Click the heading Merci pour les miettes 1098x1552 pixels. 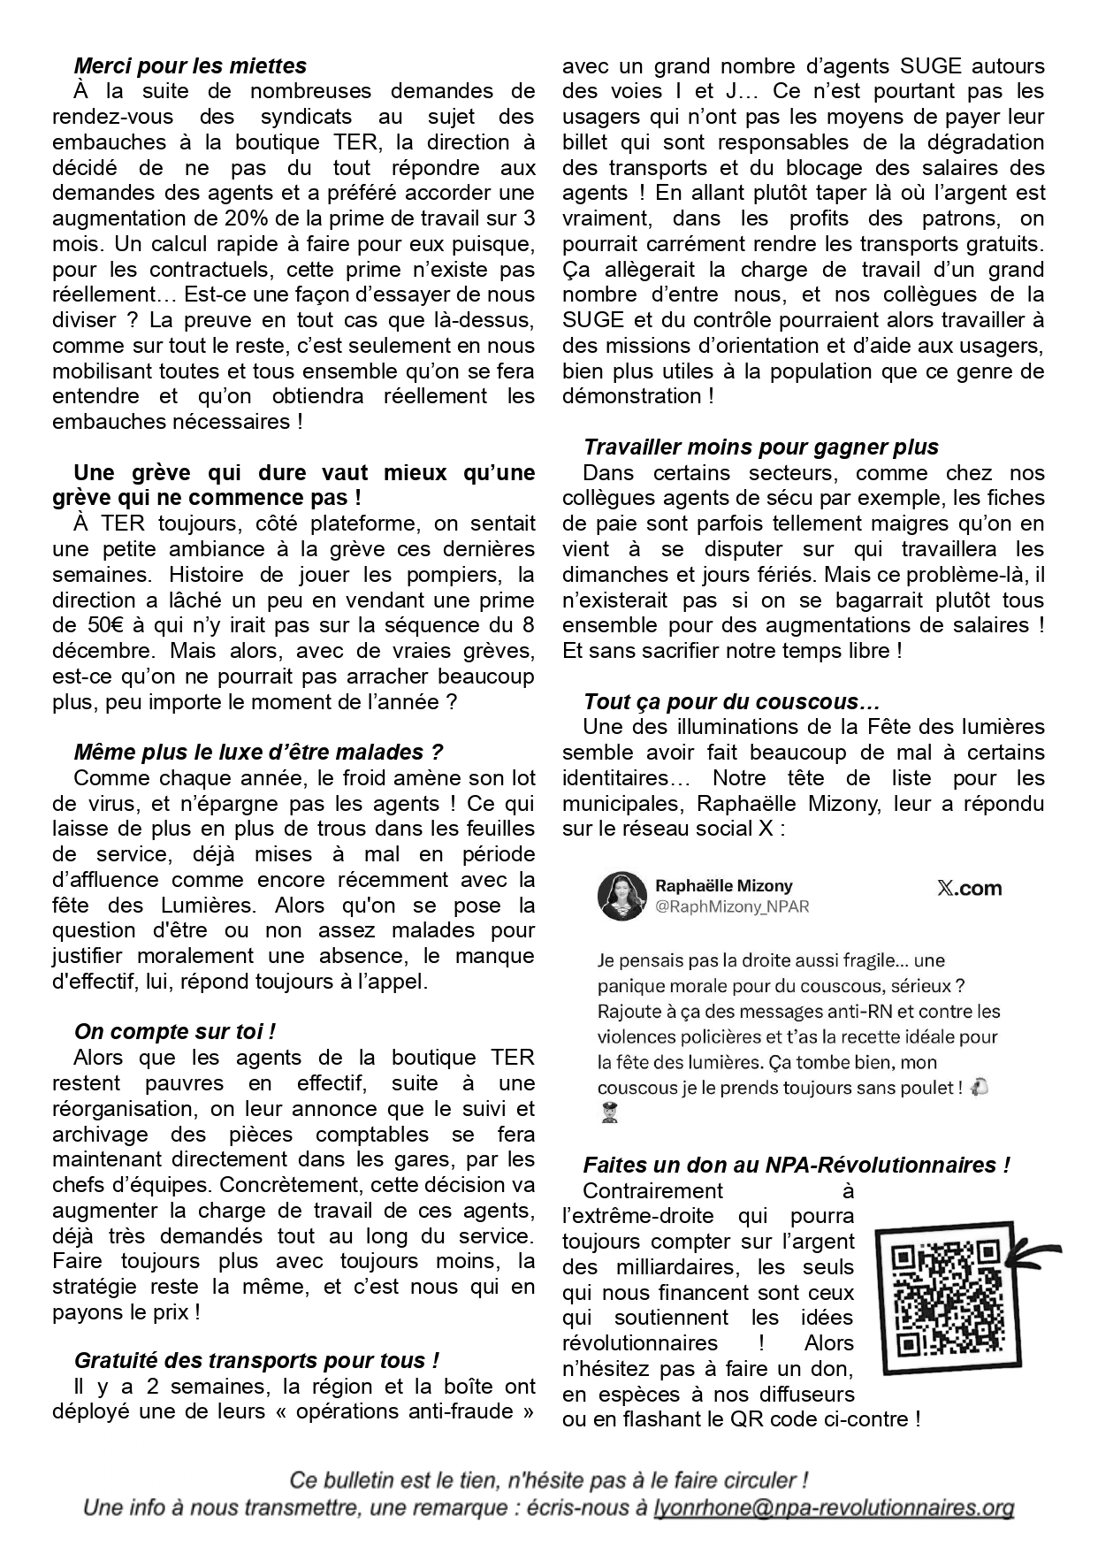pos(190,65)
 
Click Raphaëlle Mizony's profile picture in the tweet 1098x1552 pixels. pos(622,895)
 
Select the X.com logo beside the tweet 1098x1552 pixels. pos(969,888)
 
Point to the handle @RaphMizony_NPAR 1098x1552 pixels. pos(732,906)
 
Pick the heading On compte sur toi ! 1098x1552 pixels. pos(175,1031)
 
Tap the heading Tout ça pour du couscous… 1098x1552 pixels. pos(732,701)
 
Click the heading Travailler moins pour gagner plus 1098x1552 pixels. pos(761,447)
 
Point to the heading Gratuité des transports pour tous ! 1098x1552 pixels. pos(256,1360)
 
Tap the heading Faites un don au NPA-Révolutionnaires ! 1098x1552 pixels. pos(796,1165)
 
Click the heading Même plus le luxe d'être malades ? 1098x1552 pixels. pos(258,752)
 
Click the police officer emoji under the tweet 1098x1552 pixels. pos(608,1114)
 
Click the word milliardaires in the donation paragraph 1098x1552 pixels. pos(667,1266)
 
